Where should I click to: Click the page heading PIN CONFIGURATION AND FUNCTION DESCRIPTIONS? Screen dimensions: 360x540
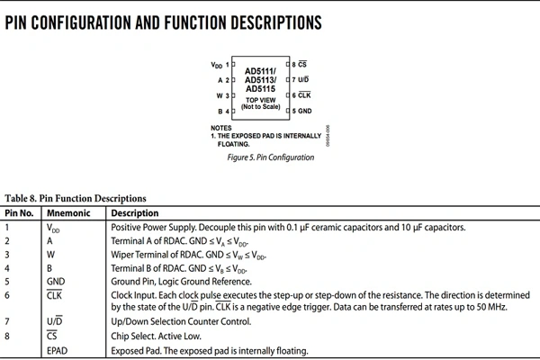[163, 22]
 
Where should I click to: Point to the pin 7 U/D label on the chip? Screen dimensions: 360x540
[303, 80]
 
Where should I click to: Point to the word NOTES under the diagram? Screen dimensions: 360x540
[221, 128]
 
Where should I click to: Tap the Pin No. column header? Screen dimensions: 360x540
[20, 213]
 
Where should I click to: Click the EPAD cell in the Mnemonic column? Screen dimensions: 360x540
[58, 350]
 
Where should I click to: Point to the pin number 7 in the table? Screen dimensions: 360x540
[8, 321]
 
